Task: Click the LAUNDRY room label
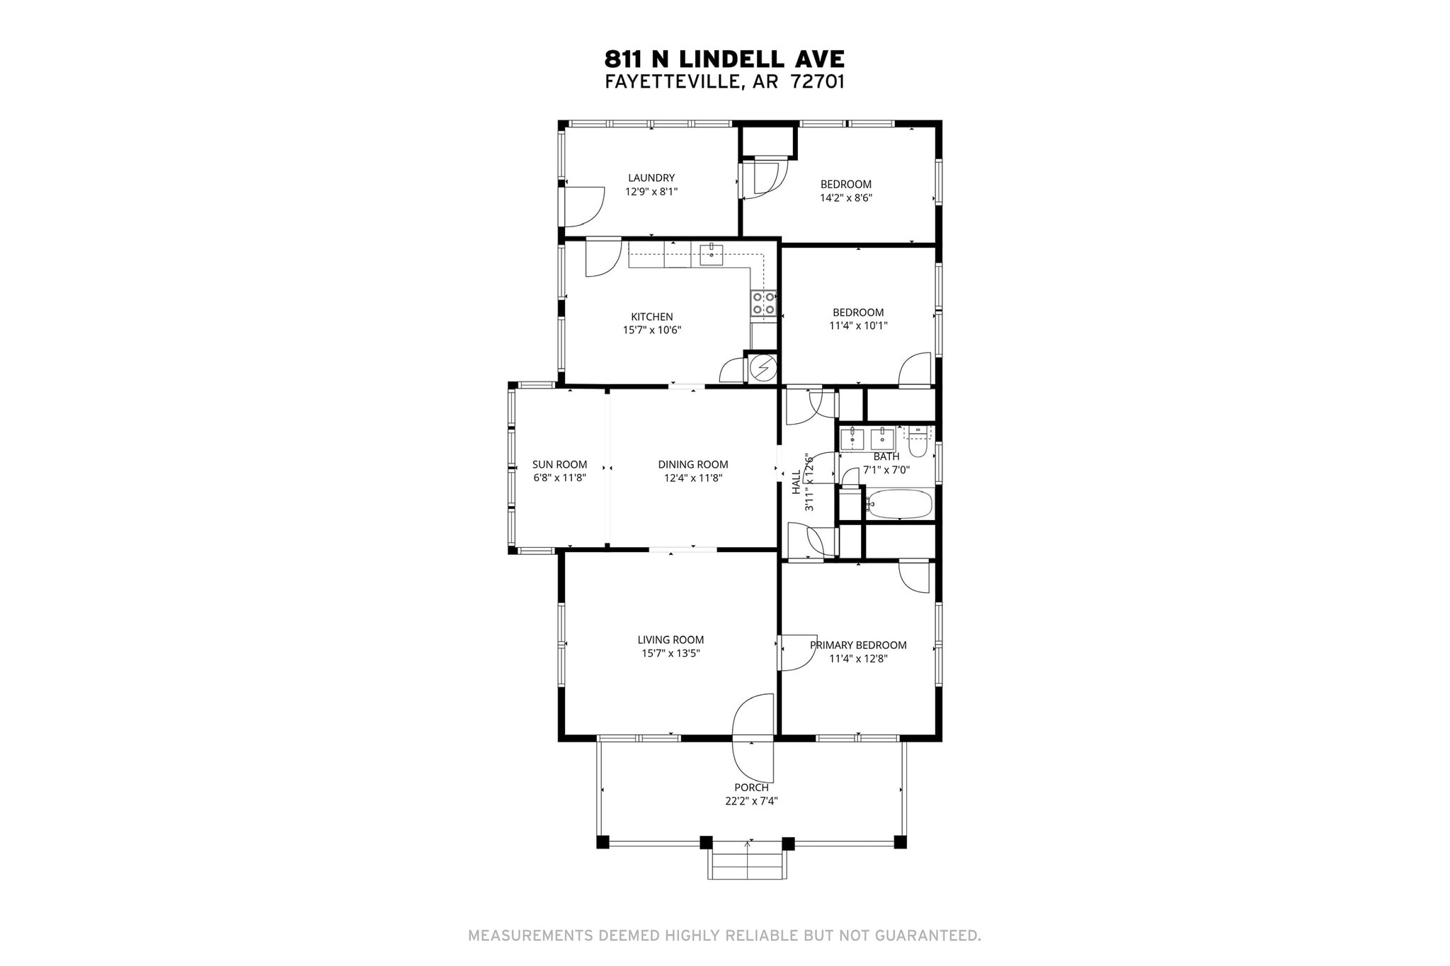pyautogui.click(x=651, y=178)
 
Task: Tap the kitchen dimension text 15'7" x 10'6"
pyautogui.click(x=651, y=330)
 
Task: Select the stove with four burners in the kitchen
pyautogui.click(x=763, y=303)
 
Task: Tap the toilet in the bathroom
pyautogui.click(x=918, y=444)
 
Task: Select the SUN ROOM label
pyautogui.click(x=559, y=464)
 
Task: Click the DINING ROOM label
pyautogui.click(x=692, y=464)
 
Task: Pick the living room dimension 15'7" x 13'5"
pyautogui.click(x=670, y=653)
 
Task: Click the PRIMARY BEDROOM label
pyautogui.click(x=858, y=645)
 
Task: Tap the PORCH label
pyautogui.click(x=751, y=787)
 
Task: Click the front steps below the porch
pyautogui.click(x=747, y=866)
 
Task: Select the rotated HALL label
pyautogui.click(x=796, y=481)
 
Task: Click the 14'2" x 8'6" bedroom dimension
pyautogui.click(x=845, y=198)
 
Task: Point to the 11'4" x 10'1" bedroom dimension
pyautogui.click(x=858, y=326)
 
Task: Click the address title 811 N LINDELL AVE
pyautogui.click(x=724, y=59)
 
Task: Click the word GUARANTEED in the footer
pyautogui.click(x=927, y=936)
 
